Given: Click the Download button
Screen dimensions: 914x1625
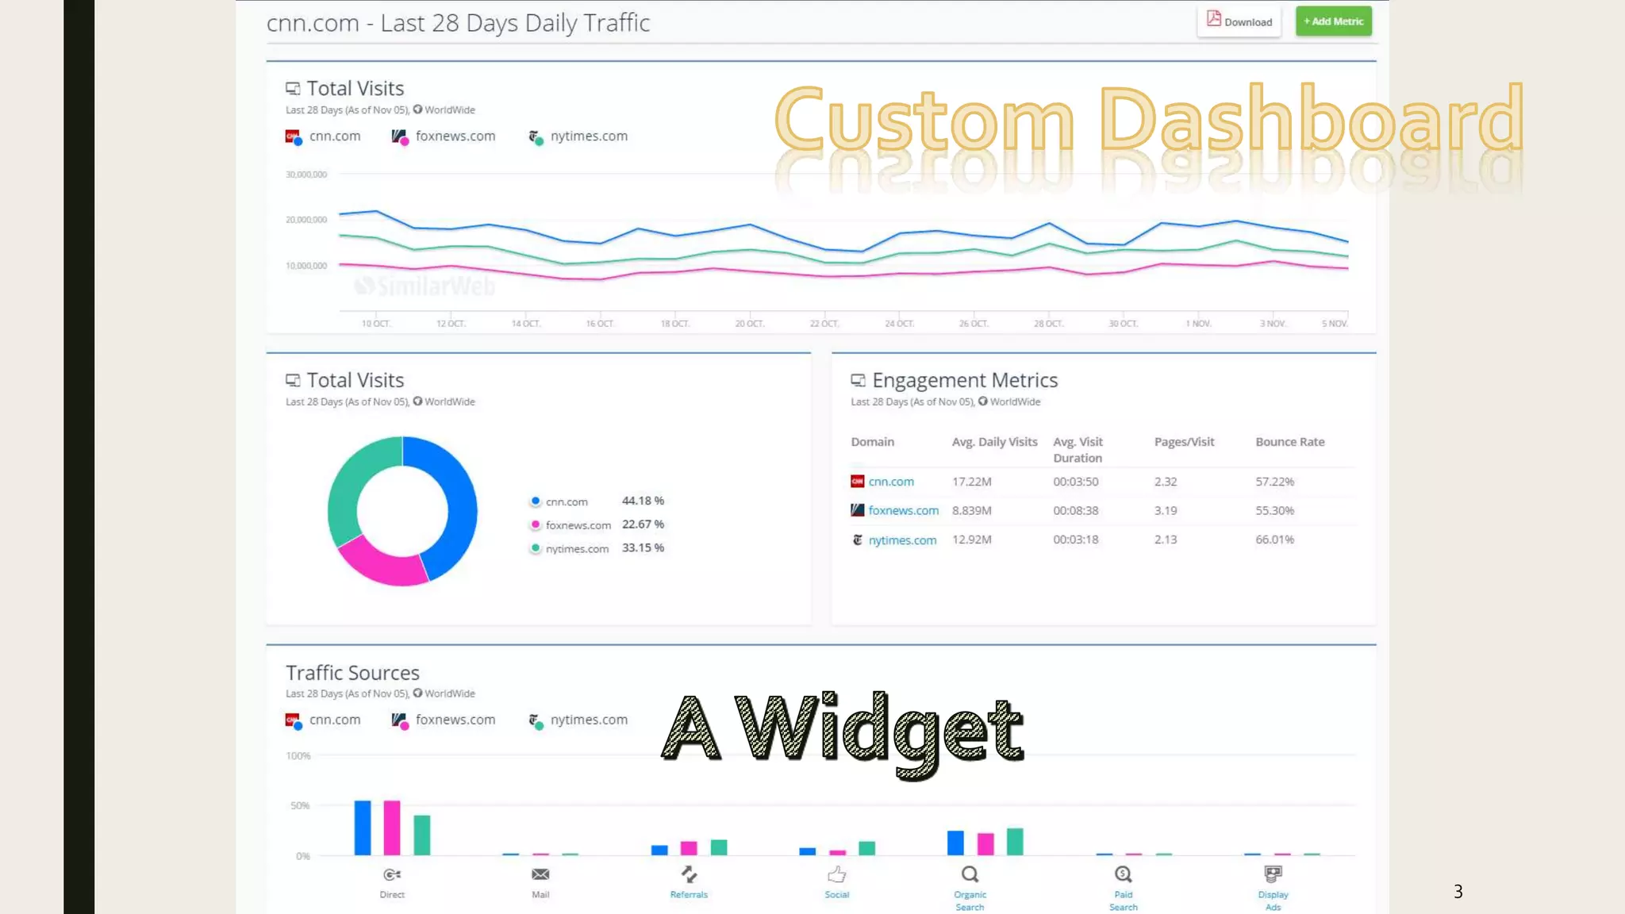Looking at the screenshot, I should [1239, 21].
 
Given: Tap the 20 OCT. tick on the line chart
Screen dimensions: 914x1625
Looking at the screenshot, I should [749, 323].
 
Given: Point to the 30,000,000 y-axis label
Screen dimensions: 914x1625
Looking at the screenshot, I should [306, 175].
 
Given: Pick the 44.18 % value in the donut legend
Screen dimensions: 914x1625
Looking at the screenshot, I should [643, 501].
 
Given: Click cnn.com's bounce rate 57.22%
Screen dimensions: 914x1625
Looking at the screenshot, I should [1274, 482].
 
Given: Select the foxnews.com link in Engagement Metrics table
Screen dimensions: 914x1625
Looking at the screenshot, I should [903, 510].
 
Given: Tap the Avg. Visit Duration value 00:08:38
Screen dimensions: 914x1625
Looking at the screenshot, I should [1075, 510].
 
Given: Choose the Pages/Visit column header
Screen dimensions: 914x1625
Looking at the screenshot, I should [1184, 442].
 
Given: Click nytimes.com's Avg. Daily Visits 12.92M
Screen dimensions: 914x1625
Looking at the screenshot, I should [971, 540].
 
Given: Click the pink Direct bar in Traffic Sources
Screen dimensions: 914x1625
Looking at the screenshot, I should [392, 828].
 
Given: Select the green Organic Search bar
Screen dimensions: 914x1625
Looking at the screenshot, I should [1015, 841].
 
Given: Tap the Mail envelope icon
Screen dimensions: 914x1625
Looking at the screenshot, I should [540, 874].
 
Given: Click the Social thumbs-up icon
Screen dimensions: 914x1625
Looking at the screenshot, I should [837, 874].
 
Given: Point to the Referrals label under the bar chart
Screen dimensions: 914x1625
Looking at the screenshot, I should [689, 894].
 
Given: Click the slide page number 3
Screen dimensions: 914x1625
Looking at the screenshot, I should [1458, 891].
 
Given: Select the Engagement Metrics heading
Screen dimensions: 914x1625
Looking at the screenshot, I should [965, 381].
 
